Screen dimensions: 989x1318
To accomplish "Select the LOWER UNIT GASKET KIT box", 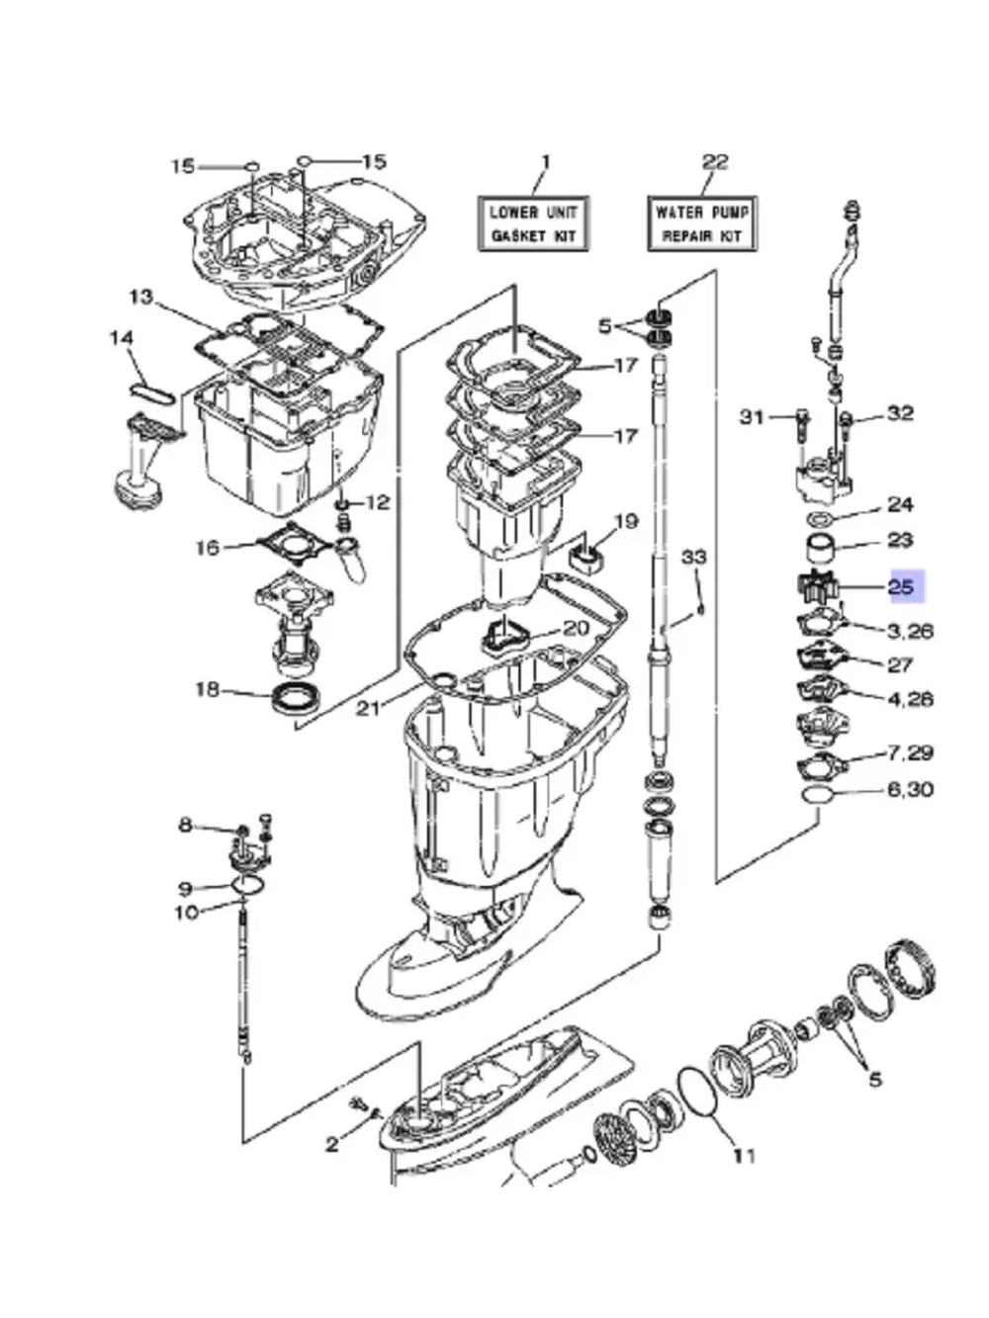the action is (533, 223).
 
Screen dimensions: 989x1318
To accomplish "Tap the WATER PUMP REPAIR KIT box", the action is (701, 223).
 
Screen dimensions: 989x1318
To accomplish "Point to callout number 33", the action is (694, 558).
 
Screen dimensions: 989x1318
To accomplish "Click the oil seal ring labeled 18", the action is (297, 697).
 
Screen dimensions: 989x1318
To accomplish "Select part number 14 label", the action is (122, 338).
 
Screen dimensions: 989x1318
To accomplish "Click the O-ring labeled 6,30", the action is (818, 795).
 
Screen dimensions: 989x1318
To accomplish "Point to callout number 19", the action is (626, 521).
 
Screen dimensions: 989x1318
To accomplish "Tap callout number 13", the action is (141, 297).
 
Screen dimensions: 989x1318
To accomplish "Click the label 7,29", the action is (910, 752).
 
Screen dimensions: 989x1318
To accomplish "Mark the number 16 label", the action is (208, 548).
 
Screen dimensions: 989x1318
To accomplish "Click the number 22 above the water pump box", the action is (715, 161).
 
